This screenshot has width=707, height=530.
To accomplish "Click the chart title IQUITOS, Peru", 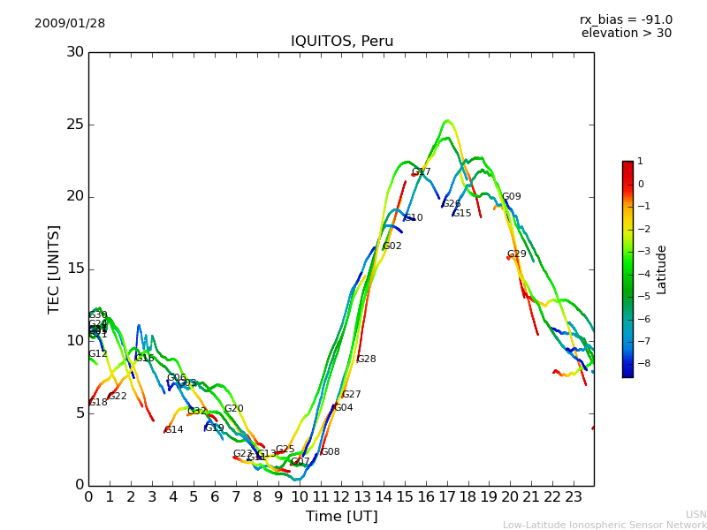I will tap(342, 42).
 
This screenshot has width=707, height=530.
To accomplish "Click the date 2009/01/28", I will tap(70, 23).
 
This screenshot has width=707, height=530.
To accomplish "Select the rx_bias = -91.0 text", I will tap(626, 19).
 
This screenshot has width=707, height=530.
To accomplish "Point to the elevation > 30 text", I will tap(627, 34).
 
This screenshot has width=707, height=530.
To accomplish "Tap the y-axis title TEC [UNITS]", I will tap(54, 269).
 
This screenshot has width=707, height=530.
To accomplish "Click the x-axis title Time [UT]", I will tap(341, 516).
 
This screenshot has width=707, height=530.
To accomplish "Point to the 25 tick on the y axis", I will tap(75, 125).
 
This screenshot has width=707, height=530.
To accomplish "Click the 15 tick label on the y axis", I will tap(75, 269).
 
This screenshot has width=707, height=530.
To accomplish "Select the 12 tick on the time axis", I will tap(341, 496).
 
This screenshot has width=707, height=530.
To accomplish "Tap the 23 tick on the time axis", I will tap(573, 496).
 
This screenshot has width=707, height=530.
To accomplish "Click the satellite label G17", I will tap(422, 172).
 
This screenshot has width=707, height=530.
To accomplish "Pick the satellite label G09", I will tap(512, 197).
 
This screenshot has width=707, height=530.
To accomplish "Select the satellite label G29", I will tap(517, 254).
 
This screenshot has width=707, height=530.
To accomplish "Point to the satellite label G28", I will tap(366, 360).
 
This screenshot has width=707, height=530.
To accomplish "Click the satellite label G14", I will tap(174, 430).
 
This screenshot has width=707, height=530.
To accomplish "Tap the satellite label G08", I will tap(330, 452).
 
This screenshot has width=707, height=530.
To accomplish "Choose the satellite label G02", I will tap(392, 246).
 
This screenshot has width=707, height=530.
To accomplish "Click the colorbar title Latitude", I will tap(661, 269).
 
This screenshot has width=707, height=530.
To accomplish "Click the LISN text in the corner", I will tap(696, 514).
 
